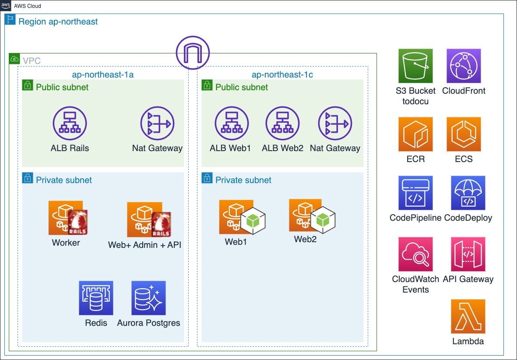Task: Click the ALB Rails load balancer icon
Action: [x=70, y=124]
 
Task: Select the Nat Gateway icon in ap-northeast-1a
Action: [x=157, y=124]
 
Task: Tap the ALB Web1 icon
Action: [x=231, y=124]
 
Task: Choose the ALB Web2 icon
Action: [x=282, y=124]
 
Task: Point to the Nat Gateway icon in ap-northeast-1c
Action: [x=335, y=124]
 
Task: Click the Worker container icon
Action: [x=68, y=218]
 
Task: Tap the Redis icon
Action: [x=96, y=298]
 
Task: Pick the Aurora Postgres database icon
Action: [x=148, y=298]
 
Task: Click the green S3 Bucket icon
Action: [x=415, y=66]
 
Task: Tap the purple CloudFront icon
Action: [x=464, y=66]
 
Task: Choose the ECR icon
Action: [x=415, y=134]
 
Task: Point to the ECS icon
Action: [x=464, y=134]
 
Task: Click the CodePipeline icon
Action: [x=415, y=193]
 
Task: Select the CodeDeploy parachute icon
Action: [x=468, y=193]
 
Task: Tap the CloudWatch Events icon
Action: [x=415, y=254]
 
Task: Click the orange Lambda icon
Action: [x=468, y=316]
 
